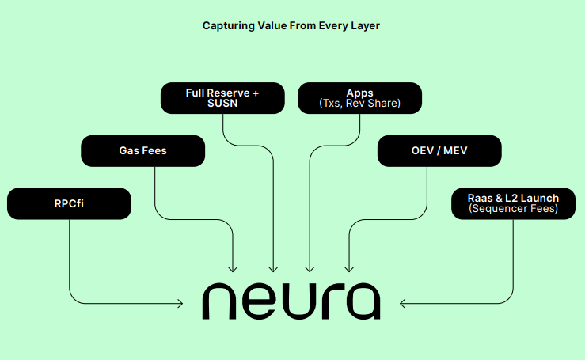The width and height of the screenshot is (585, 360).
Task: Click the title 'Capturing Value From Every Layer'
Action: coord(291,25)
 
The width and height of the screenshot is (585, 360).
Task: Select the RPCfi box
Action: coord(69,203)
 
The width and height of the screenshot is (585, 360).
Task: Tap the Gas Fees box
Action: coord(143,150)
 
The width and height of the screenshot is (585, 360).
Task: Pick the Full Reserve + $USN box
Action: coord(222,98)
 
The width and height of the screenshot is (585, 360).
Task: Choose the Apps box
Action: coord(359,98)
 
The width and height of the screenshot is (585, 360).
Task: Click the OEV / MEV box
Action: coord(439,150)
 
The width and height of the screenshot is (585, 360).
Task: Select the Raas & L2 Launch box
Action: coord(513,203)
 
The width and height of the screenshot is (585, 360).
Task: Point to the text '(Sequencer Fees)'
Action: coord(513,209)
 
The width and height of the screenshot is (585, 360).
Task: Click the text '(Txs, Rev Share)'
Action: coord(359,104)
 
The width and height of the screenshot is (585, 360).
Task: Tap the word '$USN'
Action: coord(222,104)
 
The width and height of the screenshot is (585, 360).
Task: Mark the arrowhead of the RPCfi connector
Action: coord(180,302)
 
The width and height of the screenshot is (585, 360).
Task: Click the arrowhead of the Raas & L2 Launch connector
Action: coord(404,302)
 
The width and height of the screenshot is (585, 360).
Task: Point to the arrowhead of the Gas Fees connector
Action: coord(234,268)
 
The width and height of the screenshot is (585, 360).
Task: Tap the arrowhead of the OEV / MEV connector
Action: coord(349,268)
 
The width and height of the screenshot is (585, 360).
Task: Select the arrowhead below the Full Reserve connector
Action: coord(274,268)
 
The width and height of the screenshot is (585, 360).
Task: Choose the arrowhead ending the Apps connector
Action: coord(309,268)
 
